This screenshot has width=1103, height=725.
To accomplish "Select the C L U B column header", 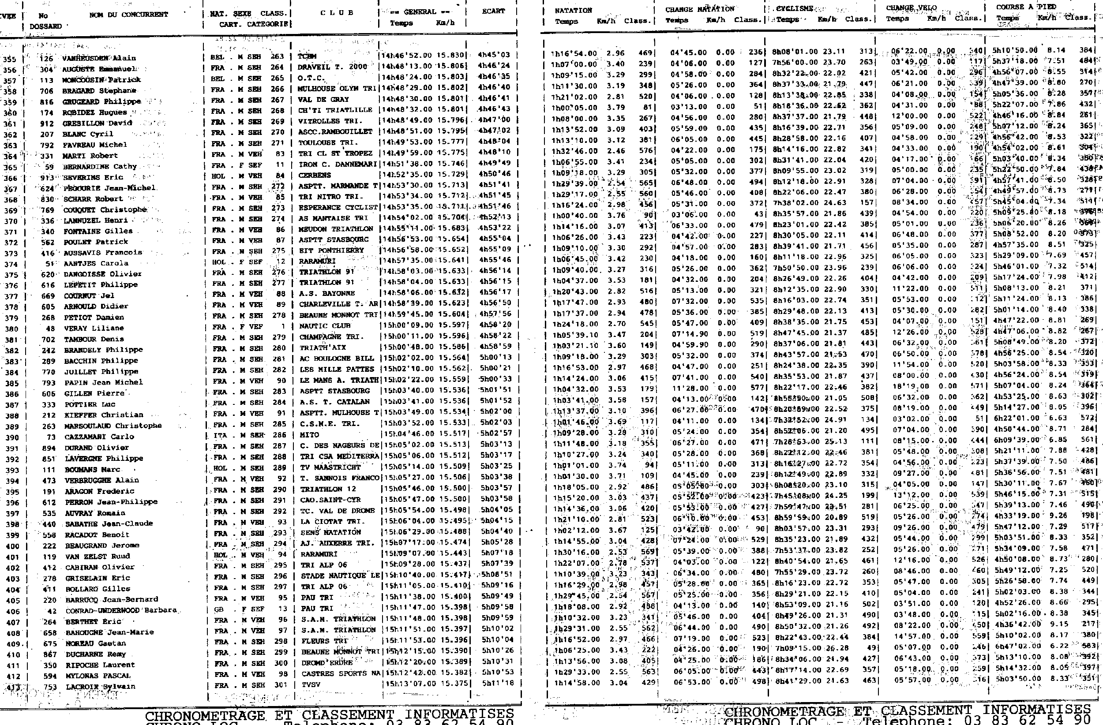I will click(337, 12).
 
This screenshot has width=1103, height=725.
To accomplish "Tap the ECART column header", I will click(493, 11).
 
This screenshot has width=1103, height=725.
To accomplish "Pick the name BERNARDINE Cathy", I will click(99, 166).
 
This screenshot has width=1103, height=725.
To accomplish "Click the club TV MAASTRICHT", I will click(330, 467).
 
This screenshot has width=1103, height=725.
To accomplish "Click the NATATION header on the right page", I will click(573, 10).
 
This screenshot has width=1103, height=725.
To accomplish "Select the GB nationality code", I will click(219, 609).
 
